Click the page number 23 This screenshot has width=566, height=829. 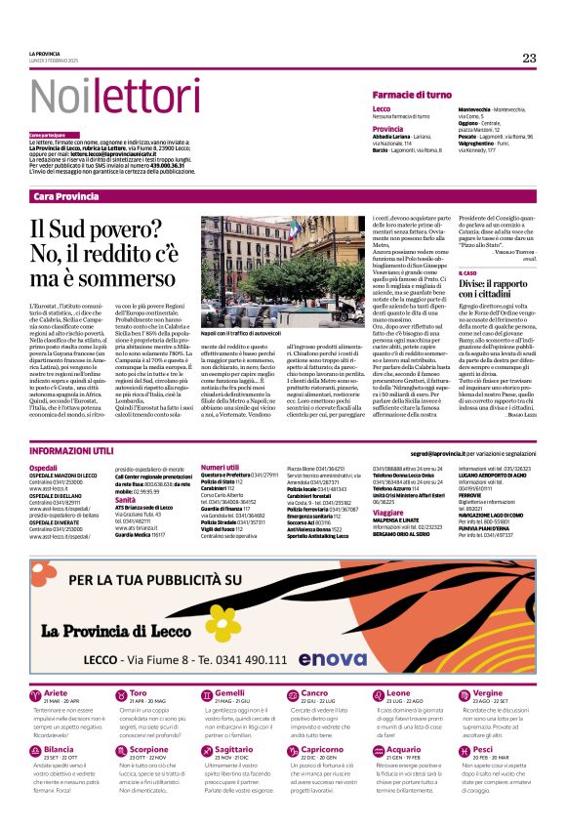[x=529, y=58]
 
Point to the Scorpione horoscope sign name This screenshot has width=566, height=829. [x=149, y=750]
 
